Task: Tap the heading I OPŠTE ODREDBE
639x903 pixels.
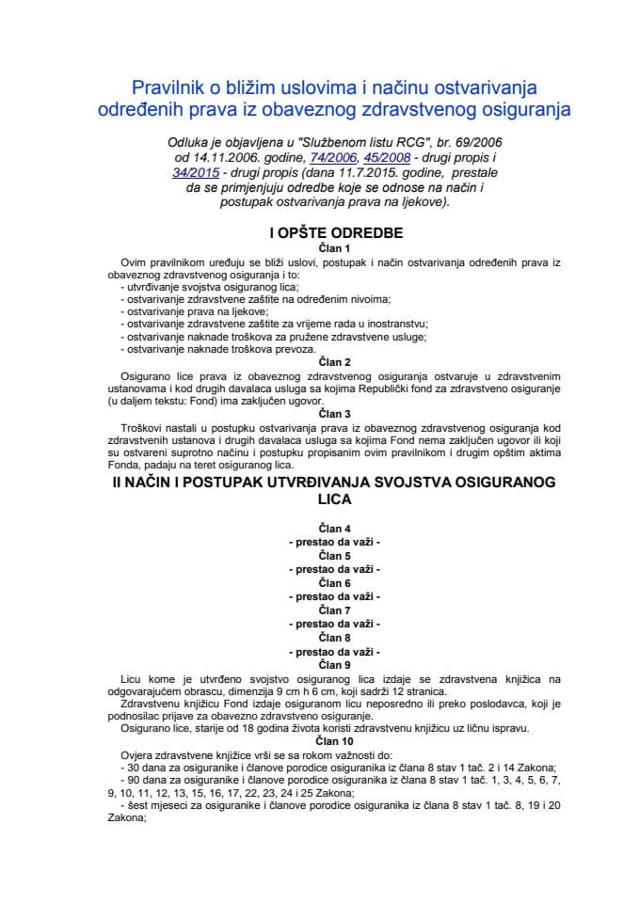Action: (321, 230)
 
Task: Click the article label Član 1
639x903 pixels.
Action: (321, 247)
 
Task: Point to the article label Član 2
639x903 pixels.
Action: (321, 362)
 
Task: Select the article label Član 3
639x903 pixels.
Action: (321, 413)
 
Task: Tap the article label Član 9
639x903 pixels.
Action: (321, 665)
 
